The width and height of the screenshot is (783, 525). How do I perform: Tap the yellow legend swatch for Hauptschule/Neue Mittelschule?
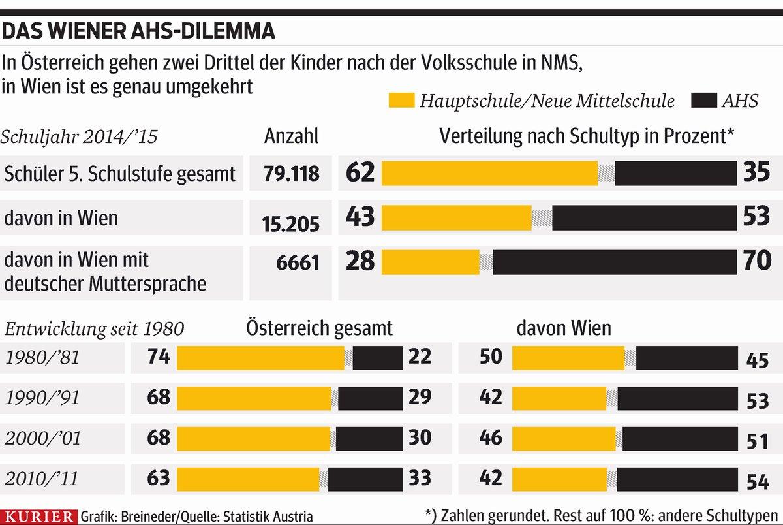[x=401, y=101]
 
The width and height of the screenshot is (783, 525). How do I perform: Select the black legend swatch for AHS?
[x=698, y=101]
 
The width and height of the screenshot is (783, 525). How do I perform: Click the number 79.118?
[x=292, y=174]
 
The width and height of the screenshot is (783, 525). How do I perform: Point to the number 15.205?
[x=292, y=224]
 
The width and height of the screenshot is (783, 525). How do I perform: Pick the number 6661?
[x=298, y=262]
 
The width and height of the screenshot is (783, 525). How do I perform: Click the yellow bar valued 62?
[x=489, y=173]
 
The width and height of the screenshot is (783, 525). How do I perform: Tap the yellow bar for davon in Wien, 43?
[x=457, y=217]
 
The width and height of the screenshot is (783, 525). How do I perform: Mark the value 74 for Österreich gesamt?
[x=159, y=357]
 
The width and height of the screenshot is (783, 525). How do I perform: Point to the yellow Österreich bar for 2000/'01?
[x=254, y=438]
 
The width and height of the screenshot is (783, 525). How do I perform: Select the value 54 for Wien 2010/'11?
[x=757, y=483]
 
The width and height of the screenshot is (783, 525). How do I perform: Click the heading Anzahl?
[x=292, y=136]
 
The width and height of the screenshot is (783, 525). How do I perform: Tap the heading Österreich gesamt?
[x=320, y=327]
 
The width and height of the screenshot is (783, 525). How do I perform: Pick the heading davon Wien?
[x=564, y=327]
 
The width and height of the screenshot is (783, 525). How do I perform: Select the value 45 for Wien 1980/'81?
[x=757, y=360]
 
